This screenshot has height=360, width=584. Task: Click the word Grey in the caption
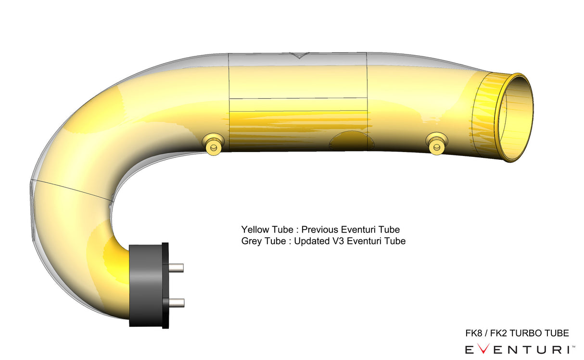pos(252,241)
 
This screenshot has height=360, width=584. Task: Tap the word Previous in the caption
pos(320,230)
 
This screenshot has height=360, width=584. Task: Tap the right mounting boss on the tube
pos(436,143)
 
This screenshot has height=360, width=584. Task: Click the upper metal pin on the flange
pos(177,266)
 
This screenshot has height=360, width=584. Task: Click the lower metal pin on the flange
pos(177,302)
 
